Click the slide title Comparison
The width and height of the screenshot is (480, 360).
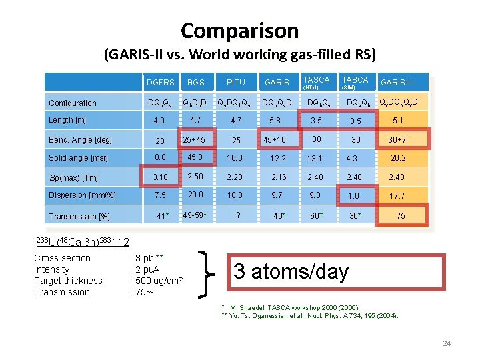tap(239, 31)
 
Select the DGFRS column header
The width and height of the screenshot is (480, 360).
tap(160, 83)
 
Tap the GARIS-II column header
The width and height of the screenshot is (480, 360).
tap(396, 83)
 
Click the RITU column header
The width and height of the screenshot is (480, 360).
tap(235, 83)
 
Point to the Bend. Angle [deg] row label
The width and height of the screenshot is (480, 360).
tap(80, 140)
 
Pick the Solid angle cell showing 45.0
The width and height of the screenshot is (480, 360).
tap(195, 157)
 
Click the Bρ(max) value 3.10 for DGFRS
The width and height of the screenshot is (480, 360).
tap(160, 177)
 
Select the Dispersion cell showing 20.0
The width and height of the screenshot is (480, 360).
tap(195, 195)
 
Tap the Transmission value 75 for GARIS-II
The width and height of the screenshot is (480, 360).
tap(400, 216)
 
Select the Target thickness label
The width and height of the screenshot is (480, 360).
tap(68, 281)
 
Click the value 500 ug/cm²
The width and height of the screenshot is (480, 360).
tap(159, 281)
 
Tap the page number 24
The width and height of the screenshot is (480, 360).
tap(447, 343)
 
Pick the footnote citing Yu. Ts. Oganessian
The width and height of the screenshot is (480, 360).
tap(309, 315)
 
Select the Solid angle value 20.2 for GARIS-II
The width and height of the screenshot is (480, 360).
tap(399, 158)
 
